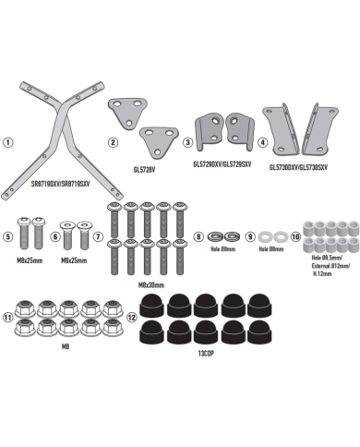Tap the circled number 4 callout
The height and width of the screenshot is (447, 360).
263,143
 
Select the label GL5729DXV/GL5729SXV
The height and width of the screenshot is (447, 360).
222,163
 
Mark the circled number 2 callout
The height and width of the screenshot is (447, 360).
113,143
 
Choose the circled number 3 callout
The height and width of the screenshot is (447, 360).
187,143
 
